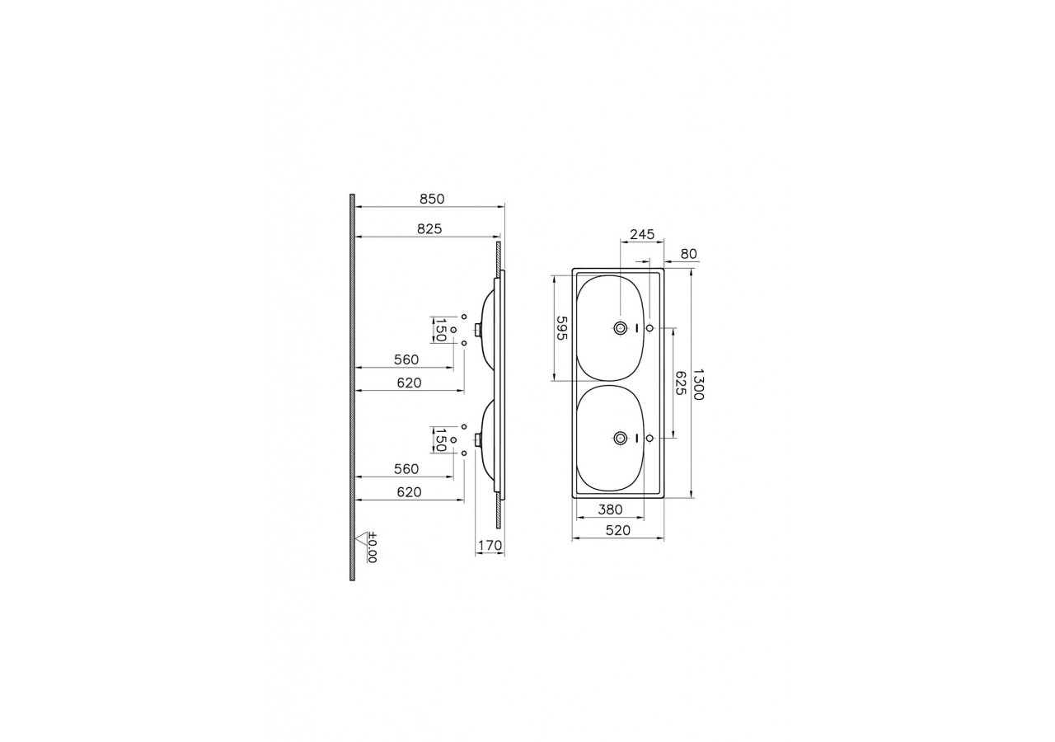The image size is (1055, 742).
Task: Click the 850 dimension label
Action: [x=432, y=199]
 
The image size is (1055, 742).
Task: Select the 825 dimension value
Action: [x=429, y=230]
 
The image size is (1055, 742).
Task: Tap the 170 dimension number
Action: [x=490, y=545]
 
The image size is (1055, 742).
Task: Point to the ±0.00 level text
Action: [x=372, y=547]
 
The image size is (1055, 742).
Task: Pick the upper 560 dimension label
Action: [x=406, y=359]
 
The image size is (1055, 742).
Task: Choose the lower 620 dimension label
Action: [x=409, y=492]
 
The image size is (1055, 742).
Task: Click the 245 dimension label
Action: [x=641, y=235]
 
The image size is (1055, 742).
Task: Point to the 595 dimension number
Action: [x=561, y=329]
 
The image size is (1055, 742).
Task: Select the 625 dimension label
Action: [x=681, y=383]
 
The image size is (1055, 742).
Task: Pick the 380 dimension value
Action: [x=610, y=510]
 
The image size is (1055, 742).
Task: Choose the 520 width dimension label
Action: [x=617, y=531]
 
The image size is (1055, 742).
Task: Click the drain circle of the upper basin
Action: [x=620, y=328]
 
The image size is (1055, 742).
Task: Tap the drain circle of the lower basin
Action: [x=620, y=438]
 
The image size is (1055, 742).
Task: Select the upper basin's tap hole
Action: [x=650, y=328]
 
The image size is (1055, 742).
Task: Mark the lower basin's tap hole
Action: [x=650, y=438]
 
